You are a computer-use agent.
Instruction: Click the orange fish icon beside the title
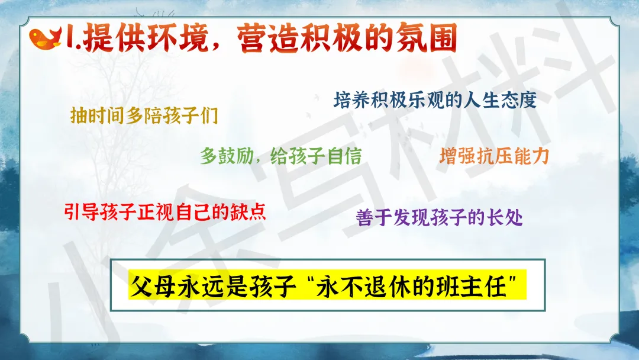pos(45,38)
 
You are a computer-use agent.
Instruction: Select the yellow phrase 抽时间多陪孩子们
pos(144,115)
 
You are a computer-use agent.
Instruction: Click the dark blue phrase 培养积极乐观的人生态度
pos(435,100)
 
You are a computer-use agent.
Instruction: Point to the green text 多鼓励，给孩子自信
pos(281,156)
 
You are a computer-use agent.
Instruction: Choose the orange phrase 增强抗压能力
pos(494,156)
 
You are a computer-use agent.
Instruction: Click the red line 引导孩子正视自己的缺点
pos(165,212)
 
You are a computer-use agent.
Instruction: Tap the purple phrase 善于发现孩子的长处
pos(439,217)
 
